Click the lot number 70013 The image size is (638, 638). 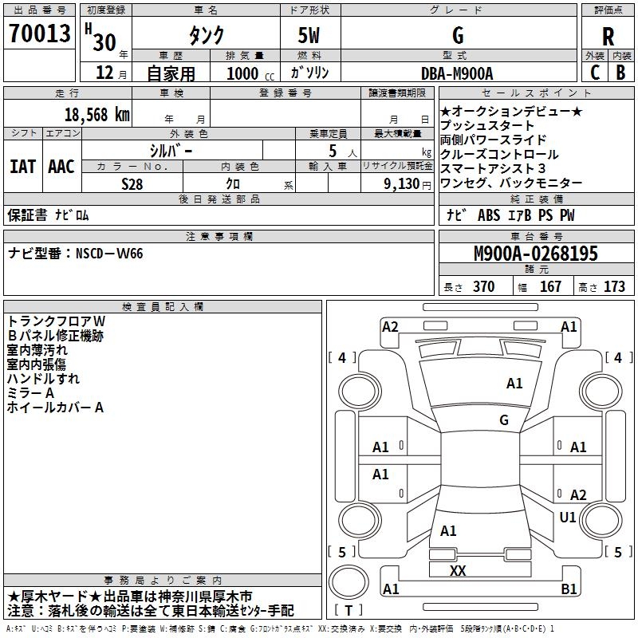(39, 34)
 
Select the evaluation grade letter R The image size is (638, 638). (608, 36)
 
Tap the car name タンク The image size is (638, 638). (206, 35)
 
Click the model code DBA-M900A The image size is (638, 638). (457, 73)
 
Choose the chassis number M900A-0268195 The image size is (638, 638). (535, 254)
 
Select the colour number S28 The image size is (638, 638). (132, 183)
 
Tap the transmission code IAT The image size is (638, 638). (23, 166)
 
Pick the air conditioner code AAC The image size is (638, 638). (61, 166)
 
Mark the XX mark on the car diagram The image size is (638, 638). (458, 570)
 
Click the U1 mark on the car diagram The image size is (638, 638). (568, 518)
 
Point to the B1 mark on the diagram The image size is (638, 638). (569, 589)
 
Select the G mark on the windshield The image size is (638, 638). (503, 419)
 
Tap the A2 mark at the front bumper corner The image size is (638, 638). (390, 326)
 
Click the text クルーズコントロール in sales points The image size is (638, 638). (499, 154)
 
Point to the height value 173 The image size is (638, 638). (614, 286)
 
